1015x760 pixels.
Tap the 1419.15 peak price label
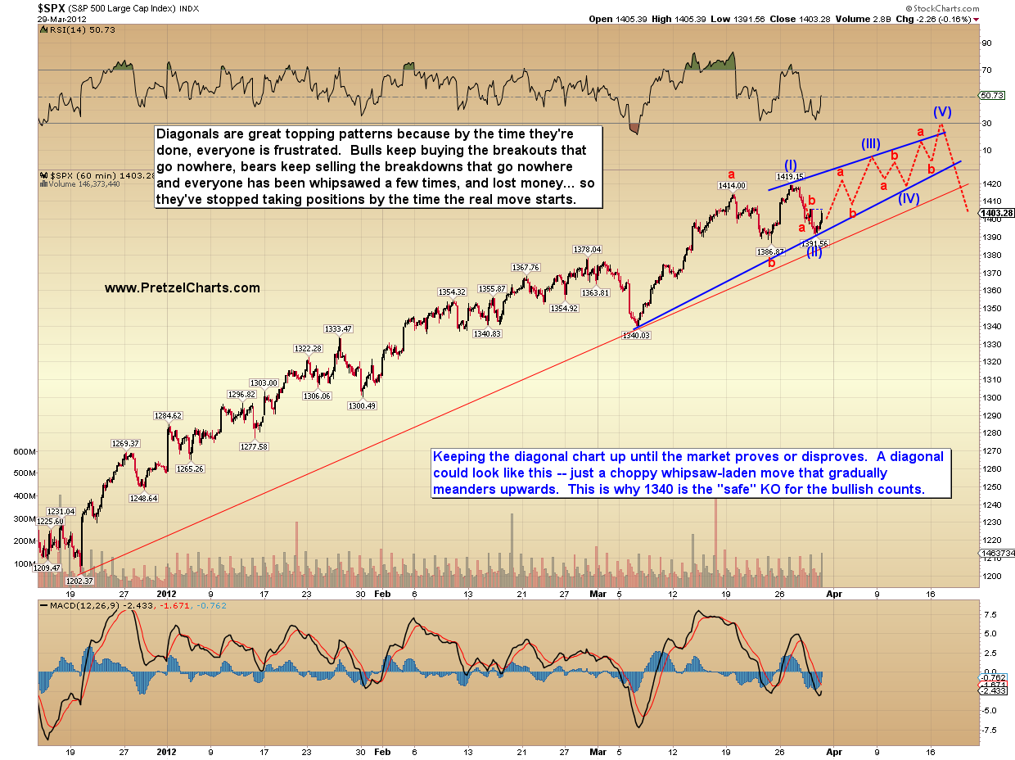(x=790, y=176)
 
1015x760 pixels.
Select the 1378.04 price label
(x=588, y=249)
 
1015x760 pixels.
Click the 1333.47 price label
(x=338, y=328)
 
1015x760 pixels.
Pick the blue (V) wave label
(x=941, y=111)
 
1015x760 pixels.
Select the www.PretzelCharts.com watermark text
(x=183, y=288)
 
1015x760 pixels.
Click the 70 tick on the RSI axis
(x=987, y=70)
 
